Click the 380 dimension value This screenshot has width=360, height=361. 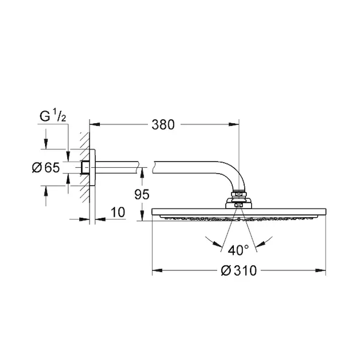pyautogui.click(x=163, y=125)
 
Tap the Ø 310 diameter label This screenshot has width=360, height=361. pyautogui.click(x=239, y=270)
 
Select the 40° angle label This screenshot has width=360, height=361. pyautogui.click(x=239, y=250)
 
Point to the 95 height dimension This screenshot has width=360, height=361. pyautogui.click(x=142, y=194)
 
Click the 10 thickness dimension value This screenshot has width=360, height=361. pyautogui.click(x=118, y=212)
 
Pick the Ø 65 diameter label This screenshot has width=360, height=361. pyautogui.click(x=46, y=167)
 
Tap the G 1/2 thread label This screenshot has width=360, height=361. pyautogui.click(x=53, y=116)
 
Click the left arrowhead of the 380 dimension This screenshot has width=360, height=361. pyautogui.click(x=95, y=125)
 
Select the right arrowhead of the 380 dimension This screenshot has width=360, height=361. pyautogui.click(x=234, y=125)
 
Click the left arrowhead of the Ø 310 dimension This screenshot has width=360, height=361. pyautogui.click(x=157, y=270)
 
